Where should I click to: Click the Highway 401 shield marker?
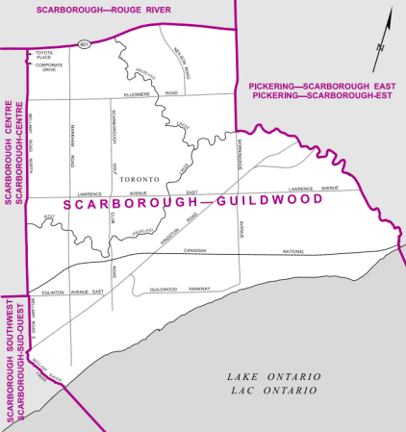85,42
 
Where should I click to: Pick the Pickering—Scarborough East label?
324,85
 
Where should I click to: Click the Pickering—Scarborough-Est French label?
324,96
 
